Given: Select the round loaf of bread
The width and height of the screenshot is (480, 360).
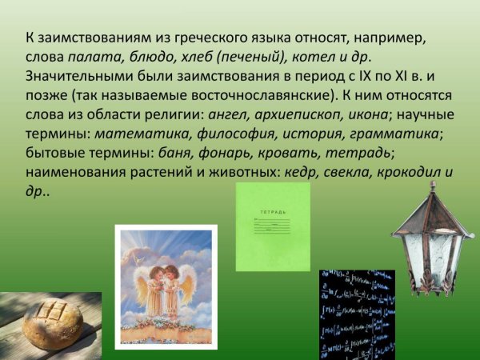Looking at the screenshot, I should click(x=55, y=324).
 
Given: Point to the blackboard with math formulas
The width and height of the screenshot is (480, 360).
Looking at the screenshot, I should click(x=357, y=314).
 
